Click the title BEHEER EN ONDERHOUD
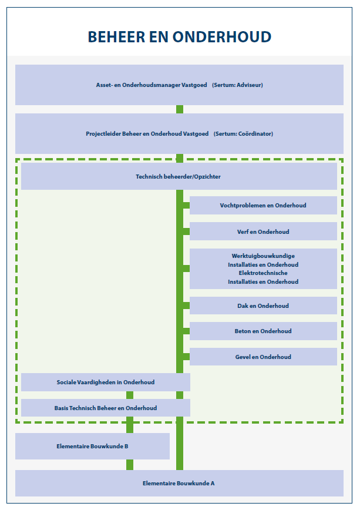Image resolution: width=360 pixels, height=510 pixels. point(180,37)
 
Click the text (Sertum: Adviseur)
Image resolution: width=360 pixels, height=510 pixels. point(237,85)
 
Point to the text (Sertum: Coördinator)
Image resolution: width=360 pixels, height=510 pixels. point(243,134)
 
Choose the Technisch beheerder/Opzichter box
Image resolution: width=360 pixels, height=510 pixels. point(179,176)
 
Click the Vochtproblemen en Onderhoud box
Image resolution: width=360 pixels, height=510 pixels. point(263,206)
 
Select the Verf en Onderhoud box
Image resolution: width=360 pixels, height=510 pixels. point(263,231)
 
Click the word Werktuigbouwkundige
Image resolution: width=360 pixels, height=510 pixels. point(263,256)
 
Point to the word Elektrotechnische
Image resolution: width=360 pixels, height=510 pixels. point(263,273)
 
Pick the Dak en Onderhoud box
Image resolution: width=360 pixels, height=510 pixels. point(263,306)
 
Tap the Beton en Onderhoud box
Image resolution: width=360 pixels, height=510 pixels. point(263,331)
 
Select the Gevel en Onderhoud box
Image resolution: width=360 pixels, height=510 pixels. point(263,357)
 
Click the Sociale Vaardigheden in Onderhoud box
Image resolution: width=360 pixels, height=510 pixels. point(106,382)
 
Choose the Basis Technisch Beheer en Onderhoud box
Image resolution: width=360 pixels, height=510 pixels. point(106,408)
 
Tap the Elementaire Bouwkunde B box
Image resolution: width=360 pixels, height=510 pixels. point(92,447)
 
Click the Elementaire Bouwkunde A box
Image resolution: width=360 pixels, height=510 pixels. point(179,483)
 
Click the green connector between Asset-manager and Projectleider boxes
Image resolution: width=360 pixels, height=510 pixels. point(180,109)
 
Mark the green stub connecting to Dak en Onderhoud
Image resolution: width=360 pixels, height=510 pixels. point(186,306)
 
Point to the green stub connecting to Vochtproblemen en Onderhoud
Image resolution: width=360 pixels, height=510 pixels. point(186,206)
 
